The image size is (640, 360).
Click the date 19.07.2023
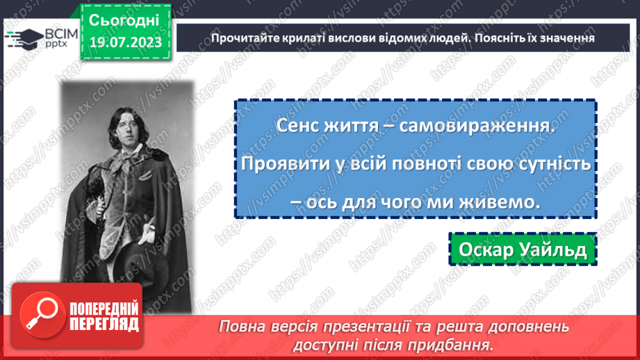pos(125,42)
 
